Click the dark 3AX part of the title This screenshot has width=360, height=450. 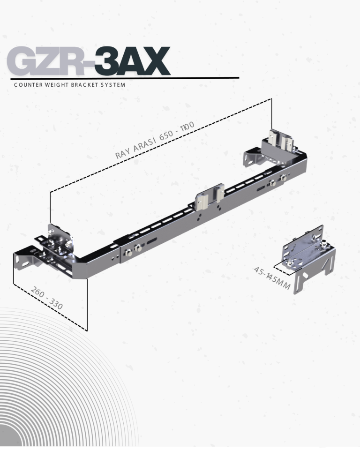click(x=132, y=61)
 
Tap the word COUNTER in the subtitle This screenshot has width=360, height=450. click(x=29, y=85)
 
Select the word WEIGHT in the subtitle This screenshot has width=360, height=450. click(x=57, y=85)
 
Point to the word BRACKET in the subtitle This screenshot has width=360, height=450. click(x=87, y=85)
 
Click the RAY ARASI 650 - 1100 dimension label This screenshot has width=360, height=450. click(x=155, y=140)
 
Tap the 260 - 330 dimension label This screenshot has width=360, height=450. click(x=47, y=299)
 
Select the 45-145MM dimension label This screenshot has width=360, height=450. click(x=272, y=278)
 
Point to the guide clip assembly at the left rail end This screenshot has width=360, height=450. click(x=59, y=241)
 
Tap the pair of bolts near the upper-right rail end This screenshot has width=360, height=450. click(x=277, y=179)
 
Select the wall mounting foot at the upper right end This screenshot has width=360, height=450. click(x=252, y=157)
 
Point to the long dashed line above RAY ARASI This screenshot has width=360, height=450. click(x=159, y=145)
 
